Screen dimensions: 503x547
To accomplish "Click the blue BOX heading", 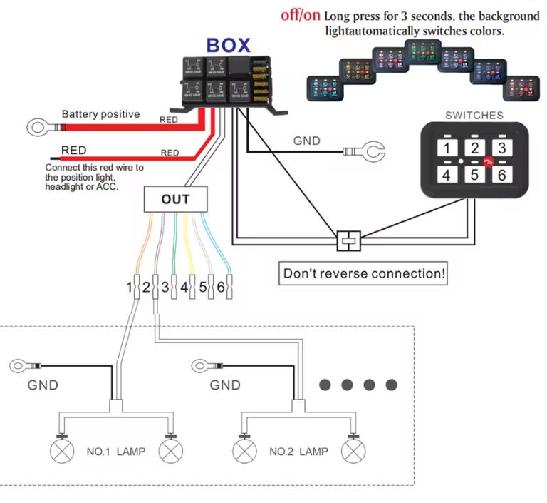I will tap(228, 46).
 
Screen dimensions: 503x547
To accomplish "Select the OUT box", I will tap(175, 200).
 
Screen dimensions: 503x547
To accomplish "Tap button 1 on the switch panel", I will tap(447, 148).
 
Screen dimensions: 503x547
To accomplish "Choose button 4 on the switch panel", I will tap(447, 174).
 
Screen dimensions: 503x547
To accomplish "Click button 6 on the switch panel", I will tap(501, 174).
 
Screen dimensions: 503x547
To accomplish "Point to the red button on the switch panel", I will tap(489, 162).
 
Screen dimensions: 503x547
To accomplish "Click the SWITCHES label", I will tap(474, 115).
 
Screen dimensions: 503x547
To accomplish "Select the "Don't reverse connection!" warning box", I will tap(363, 273).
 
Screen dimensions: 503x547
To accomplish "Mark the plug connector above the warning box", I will tap(349, 240).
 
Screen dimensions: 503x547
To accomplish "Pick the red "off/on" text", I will tap(301, 16).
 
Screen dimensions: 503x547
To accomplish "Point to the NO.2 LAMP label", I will tap(298, 452).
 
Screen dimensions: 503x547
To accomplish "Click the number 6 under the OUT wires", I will tap(221, 288).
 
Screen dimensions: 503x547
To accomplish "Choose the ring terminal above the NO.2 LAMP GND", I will tap(202, 366).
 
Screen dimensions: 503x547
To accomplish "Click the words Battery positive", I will tap(100, 114).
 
